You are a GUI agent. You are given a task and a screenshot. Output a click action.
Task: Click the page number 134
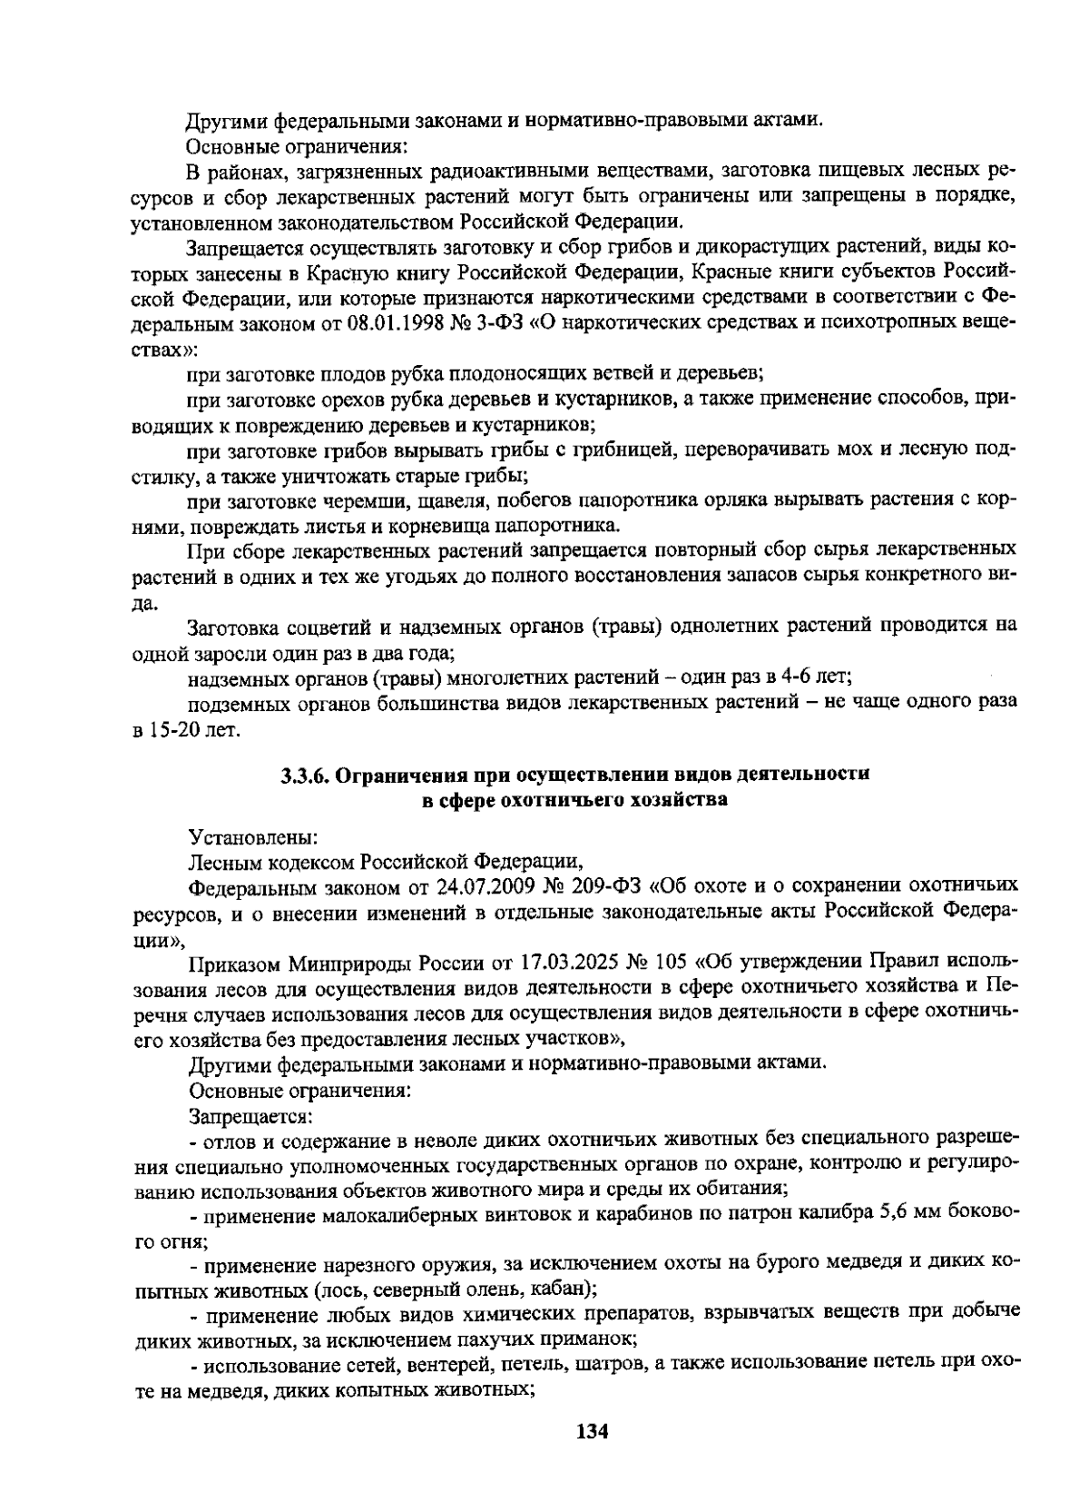coord(591,1432)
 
